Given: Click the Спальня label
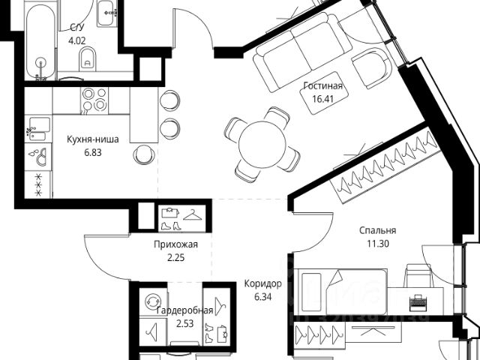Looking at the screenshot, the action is pos(376,231).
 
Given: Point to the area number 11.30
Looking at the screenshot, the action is pos(376,243).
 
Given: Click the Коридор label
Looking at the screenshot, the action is pos(262,283).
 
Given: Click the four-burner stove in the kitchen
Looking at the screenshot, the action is pos(95,100).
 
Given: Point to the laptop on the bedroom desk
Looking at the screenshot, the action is pos(417,303).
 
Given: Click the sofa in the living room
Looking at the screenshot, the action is pos(301,55).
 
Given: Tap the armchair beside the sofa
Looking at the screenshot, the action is pos(373,70).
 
